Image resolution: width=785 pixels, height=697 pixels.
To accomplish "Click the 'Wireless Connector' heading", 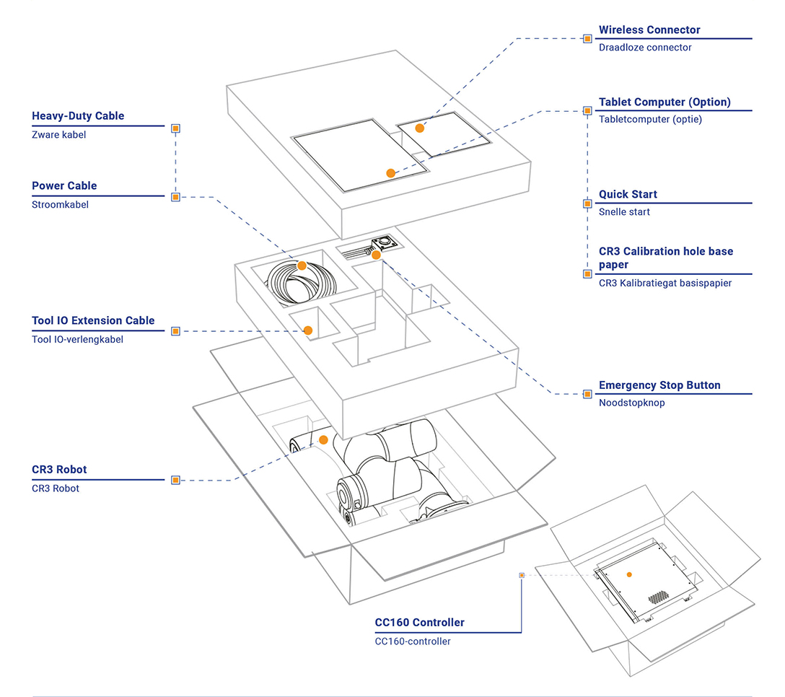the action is [649, 30].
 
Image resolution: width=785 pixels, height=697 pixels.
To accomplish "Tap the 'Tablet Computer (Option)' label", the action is [665, 102].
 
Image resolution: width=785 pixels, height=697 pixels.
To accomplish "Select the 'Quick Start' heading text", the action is [628, 194].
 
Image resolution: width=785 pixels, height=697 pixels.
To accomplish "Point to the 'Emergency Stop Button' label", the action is [659, 385].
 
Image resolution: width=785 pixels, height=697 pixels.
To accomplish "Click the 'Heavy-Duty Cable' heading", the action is [78, 115].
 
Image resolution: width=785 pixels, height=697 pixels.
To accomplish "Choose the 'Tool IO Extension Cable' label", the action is [93, 320].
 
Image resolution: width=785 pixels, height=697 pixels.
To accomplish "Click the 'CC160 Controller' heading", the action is [419, 623].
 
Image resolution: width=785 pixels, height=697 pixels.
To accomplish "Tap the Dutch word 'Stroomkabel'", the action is [60, 204].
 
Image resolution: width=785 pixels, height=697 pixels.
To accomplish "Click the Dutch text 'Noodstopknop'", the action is [632, 403].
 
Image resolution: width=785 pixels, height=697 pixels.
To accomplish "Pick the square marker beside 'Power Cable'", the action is [175, 197].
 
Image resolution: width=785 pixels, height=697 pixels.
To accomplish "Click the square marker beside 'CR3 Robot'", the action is [175, 481].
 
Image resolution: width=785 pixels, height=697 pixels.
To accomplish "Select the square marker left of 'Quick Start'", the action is [587, 203].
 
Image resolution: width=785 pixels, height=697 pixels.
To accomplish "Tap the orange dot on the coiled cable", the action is [302, 266].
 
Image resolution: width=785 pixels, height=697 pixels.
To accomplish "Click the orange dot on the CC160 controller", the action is [629, 575].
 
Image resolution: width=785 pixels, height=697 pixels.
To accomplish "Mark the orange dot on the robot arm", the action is [323, 439].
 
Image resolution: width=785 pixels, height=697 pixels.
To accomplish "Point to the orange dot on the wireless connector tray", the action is [419, 128].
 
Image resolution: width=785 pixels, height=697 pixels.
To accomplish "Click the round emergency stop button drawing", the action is [385, 242].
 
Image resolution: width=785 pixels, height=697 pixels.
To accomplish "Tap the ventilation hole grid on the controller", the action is [658, 597].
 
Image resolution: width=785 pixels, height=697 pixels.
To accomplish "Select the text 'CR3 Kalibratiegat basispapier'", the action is [665, 283].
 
